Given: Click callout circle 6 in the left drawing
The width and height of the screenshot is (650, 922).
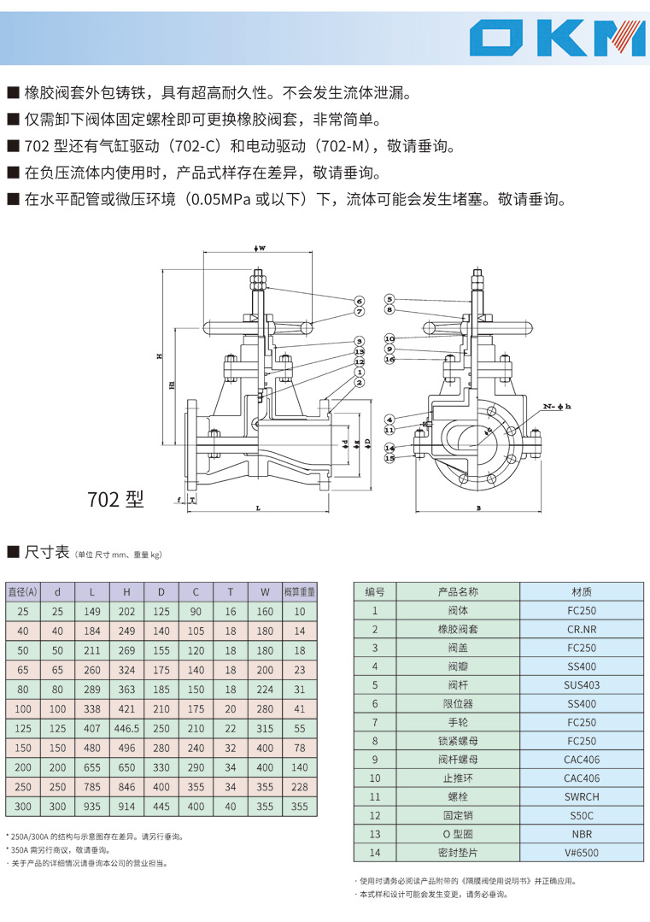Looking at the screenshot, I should (x=360, y=301).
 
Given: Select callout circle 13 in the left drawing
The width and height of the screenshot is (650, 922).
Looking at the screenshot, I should (x=360, y=351).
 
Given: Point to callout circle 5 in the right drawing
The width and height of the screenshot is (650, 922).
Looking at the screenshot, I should (x=389, y=299).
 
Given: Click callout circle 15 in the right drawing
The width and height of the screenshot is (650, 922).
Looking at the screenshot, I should (x=389, y=458).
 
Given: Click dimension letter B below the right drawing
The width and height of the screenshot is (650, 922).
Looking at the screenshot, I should (x=478, y=508).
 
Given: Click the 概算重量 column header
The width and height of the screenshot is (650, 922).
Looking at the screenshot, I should (x=299, y=590).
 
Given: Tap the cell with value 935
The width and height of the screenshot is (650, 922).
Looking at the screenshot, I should (x=92, y=806).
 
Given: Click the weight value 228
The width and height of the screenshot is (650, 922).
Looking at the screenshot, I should (x=299, y=786).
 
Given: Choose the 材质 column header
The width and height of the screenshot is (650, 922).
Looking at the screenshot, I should (x=582, y=591).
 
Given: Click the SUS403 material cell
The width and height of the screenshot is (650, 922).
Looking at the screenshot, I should (x=582, y=684).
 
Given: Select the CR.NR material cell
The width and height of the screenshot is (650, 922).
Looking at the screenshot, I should (x=582, y=629).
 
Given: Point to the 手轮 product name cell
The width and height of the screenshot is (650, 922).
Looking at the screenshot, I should (x=457, y=722).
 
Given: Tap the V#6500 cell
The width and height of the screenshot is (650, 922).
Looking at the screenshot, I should (x=582, y=852).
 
